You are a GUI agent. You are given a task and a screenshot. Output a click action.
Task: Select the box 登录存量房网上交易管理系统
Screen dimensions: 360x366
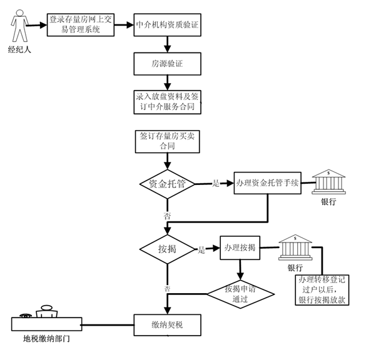[80, 26]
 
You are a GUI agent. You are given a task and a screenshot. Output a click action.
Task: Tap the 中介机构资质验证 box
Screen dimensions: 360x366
[167, 26]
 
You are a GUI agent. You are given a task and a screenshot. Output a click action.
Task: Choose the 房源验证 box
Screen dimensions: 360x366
[167, 64]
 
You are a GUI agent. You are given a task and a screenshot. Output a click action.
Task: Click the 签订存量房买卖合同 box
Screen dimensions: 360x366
[166, 141]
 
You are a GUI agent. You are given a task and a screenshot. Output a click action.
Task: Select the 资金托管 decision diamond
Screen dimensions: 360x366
[167, 184]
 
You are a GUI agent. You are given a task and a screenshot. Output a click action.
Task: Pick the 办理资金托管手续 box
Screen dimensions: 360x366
[268, 183]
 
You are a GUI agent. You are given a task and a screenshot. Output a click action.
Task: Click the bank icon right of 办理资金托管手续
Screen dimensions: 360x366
[328, 181]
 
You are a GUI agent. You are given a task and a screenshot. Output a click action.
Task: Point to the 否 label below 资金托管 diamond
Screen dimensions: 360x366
[168, 215]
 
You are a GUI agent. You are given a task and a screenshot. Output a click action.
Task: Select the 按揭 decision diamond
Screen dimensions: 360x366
[167, 249]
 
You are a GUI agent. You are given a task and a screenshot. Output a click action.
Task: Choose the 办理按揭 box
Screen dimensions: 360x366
[240, 247]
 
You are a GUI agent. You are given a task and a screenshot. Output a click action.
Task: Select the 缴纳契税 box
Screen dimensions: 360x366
[167, 325]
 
